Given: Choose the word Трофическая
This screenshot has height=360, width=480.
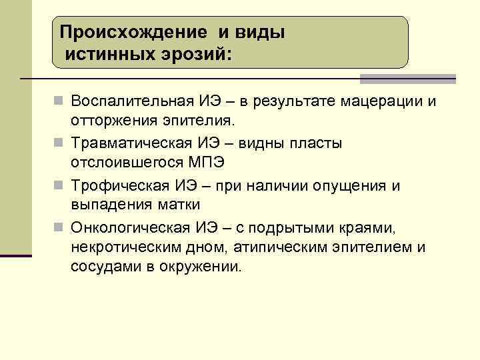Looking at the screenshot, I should [x=121, y=185].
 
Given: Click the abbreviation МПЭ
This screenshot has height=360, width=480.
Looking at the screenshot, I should [x=208, y=163].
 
